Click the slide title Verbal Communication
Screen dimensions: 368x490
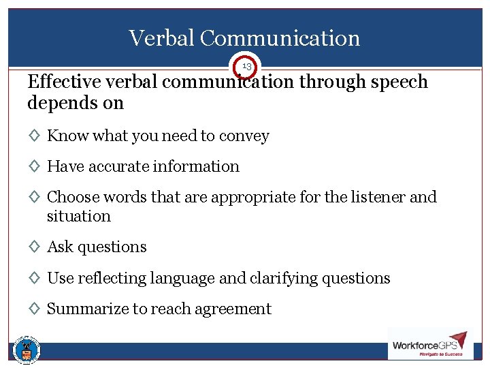point(244,38)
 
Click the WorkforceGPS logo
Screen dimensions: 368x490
point(429,344)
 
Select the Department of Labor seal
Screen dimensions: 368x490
point(27,350)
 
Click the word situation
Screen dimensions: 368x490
point(78,216)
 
